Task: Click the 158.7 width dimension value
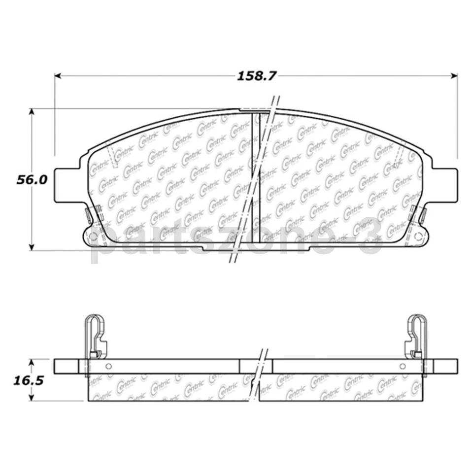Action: click(x=257, y=76)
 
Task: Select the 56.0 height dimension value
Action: click(x=32, y=180)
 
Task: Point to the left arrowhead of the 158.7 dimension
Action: click(x=58, y=76)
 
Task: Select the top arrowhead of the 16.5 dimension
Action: click(x=33, y=362)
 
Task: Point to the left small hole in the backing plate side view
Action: click(x=108, y=366)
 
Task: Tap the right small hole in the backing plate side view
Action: click(x=403, y=366)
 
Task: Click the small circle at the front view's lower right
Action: click(x=419, y=236)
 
